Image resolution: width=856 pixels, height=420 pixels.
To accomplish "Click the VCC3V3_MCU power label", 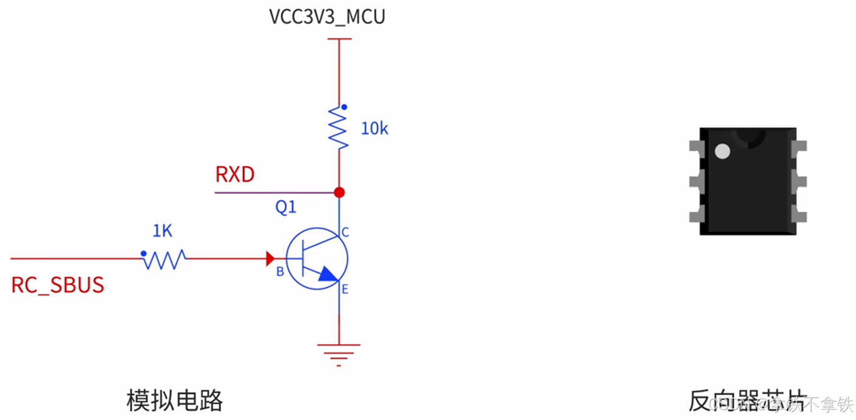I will (x=327, y=16).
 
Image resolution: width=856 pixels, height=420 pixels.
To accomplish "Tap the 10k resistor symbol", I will (x=339, y=127).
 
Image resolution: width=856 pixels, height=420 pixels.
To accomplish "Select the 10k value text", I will (x=374, y=129).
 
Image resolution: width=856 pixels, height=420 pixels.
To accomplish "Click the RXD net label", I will (x=235, y=175).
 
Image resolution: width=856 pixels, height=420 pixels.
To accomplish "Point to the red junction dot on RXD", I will (x=339, y=193).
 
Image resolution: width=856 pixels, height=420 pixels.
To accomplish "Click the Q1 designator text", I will (x=286, y=207).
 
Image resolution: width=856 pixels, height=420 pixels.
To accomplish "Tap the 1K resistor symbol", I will (x=164, y=259).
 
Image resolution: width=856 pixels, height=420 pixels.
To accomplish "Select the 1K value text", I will (x=162, y=231).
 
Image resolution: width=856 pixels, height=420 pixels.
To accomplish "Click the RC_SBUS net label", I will (x=58, y=285).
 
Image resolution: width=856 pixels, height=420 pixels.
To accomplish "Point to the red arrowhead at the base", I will (x=270, y=258).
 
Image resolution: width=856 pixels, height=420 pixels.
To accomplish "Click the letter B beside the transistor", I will (x=280, y=272).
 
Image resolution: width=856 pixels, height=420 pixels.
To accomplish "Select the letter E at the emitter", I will (x=345, y=289).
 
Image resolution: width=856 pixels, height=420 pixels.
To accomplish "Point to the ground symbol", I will (x=339, y=354).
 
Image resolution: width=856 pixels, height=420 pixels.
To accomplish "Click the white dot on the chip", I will (x=722, y=151).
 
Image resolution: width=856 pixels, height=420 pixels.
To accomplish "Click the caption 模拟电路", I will (x=175, y=401).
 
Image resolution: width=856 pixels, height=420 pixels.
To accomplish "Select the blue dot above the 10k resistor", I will (x=344, y=107).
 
